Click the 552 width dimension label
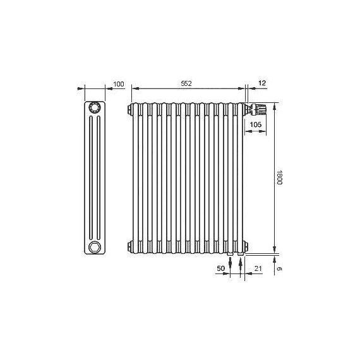186,83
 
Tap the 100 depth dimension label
119,84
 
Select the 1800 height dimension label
279,177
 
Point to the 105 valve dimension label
256,124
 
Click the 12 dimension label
262,83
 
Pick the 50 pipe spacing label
220,268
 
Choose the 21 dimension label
258,268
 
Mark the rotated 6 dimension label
279,268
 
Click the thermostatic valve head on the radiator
258,109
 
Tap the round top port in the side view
94,107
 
